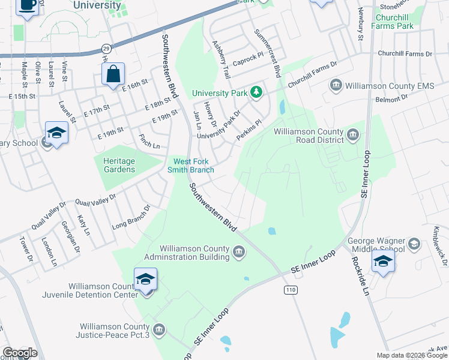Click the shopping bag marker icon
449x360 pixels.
pos(113,75)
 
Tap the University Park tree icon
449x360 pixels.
pos(257,92)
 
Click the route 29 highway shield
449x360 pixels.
pos(106,47)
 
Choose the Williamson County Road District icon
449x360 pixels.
pos(353,136)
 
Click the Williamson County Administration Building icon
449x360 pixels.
pos(240,252)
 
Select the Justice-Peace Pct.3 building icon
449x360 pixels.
pos(159,329)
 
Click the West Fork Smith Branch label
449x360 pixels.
pos(193,166)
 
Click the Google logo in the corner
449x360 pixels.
pos(20,353)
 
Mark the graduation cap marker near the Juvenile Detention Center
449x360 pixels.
pos(144,280)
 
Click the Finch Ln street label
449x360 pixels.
pos(149,142)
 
